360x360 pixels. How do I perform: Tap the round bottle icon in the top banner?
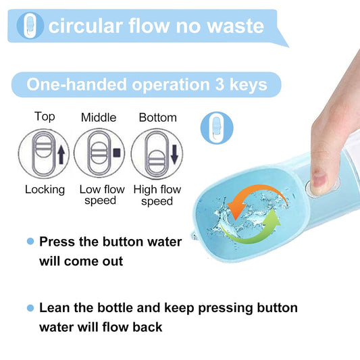(x=30, y=26)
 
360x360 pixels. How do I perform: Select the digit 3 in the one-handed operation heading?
(x=220, y=84)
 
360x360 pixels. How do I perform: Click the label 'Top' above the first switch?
(x=45, y=116)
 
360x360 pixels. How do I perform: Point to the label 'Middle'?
(x=99, y=118)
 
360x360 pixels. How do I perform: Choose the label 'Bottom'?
(x=158, y=118)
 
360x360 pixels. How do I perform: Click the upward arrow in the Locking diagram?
(x=61, y=155)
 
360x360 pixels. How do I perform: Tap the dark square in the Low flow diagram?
(x=117, y=153)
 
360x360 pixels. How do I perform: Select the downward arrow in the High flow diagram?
(x=174, y=154)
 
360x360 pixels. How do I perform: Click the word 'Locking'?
(x=45, y=190)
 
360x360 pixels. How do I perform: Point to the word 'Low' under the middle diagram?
(x=91, y=189)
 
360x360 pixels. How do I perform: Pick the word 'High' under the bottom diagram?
(x=145, y=190)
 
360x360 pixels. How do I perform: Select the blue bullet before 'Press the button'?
(x=30, y=241)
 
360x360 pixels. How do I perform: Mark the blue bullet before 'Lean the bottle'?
(x=30, y=307)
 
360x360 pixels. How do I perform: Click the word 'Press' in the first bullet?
(x=57, y=242)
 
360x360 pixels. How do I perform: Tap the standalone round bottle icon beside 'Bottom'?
(x=217, y=128)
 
